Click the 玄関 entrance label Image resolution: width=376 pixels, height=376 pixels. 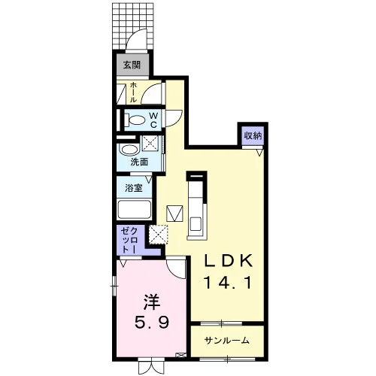click(x=132, y=65)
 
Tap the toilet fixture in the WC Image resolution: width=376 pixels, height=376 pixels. click(x=135, y=120)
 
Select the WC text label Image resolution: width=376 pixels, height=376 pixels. click(x=153, y=120)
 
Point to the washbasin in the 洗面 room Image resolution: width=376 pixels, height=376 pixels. click(x=129, y=150)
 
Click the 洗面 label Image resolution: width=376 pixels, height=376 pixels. click(x=139, y=162)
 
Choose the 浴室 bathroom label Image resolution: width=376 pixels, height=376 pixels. click(x=134, y=188)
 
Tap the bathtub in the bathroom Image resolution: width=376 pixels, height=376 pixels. click(x=135, y=210)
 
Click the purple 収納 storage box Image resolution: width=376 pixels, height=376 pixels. click(x=253, y=135)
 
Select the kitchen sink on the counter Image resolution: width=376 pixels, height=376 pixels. click(x=196, y=224)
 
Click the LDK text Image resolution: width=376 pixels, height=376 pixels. click(x=228, y=262)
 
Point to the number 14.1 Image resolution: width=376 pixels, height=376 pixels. click(x=228, y=283)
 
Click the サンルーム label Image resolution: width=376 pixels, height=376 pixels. click(x=227, y=341)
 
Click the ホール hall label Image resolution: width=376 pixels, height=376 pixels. click(x=133, y=92)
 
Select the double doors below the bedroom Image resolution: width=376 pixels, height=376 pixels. click(x=151, y=367)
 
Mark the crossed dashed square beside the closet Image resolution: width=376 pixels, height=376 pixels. click(x=158, y=235)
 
